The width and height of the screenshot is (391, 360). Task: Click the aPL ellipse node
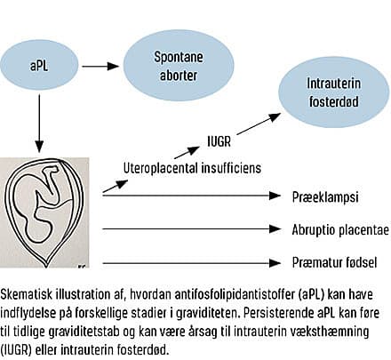pos(39,66)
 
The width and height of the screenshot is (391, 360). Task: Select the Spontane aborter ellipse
pos(179,66)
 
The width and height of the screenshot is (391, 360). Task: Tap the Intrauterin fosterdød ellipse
pos(333,92)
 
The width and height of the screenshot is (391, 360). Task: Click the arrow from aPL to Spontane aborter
pos(100,66)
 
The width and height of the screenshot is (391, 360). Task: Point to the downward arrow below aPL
pos(39,124)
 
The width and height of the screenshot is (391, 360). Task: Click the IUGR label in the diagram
pos(219,141)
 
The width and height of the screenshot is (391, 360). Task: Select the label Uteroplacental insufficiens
pos(192,168)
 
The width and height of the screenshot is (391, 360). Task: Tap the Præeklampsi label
pos(325,197)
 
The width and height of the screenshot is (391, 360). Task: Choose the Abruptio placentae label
pos(340,229)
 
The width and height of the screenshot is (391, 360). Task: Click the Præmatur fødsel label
pos(334,262)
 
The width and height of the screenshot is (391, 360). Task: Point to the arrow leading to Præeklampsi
pos(191,196)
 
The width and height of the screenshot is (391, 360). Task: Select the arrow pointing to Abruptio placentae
pos(191,228)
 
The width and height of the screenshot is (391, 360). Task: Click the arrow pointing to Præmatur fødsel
pos(191,263)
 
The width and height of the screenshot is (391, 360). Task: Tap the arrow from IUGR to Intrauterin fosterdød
pos(259,124)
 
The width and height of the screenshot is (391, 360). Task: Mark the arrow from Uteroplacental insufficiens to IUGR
pos(187,152)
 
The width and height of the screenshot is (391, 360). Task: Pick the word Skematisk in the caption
pos(28,295)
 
